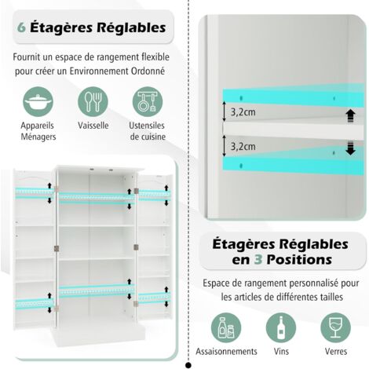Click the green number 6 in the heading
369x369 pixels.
21,27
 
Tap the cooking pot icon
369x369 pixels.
38,102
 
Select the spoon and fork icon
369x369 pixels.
93,102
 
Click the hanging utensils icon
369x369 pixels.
148,102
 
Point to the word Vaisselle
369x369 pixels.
93,126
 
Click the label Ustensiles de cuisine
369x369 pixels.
148,131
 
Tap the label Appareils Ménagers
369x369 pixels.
38,131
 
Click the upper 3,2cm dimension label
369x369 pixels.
243,112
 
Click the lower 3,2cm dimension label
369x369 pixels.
243,147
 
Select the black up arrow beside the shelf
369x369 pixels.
350,116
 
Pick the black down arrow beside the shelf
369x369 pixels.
350,148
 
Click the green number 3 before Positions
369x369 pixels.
258,260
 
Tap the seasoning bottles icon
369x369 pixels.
226,327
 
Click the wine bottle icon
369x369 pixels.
281,327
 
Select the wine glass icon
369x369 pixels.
336,327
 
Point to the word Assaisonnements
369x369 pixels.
226,351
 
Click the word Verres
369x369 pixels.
336,351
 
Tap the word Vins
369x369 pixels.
281,351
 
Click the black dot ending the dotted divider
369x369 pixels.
188,365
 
